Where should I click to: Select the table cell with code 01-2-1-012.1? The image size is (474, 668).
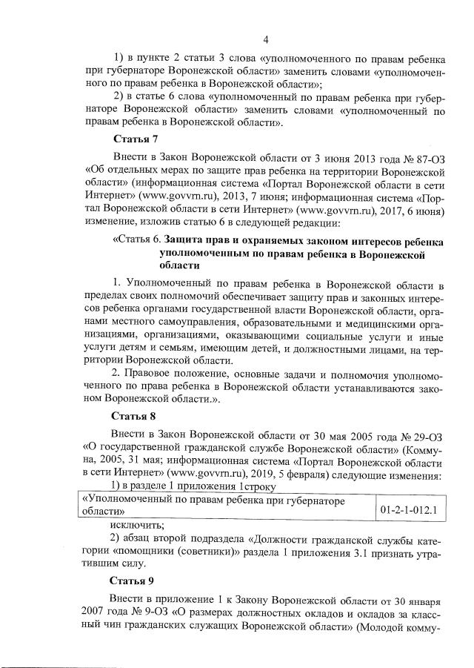pos(409,510)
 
